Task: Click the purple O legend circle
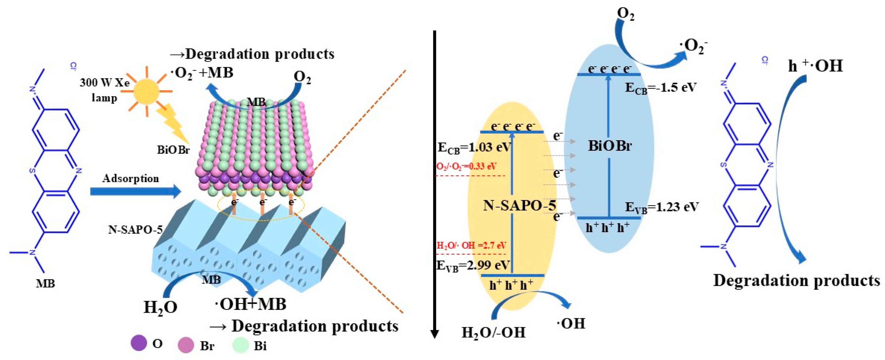[x=139, y=343]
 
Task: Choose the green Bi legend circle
[x=241, y=345]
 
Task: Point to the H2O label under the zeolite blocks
[x=160, y=307]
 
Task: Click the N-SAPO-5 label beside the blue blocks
[x=135, y=229]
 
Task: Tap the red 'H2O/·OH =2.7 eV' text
[x=471, y=245]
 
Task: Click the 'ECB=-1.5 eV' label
[x=660, y=88]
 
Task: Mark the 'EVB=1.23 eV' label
[x=662, y=207]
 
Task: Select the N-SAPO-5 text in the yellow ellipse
[x=519, y=205]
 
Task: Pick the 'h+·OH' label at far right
[x=815, y=66]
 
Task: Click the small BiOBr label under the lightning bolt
[x=173, y=150]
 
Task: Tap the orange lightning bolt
[x=172, y=124]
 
